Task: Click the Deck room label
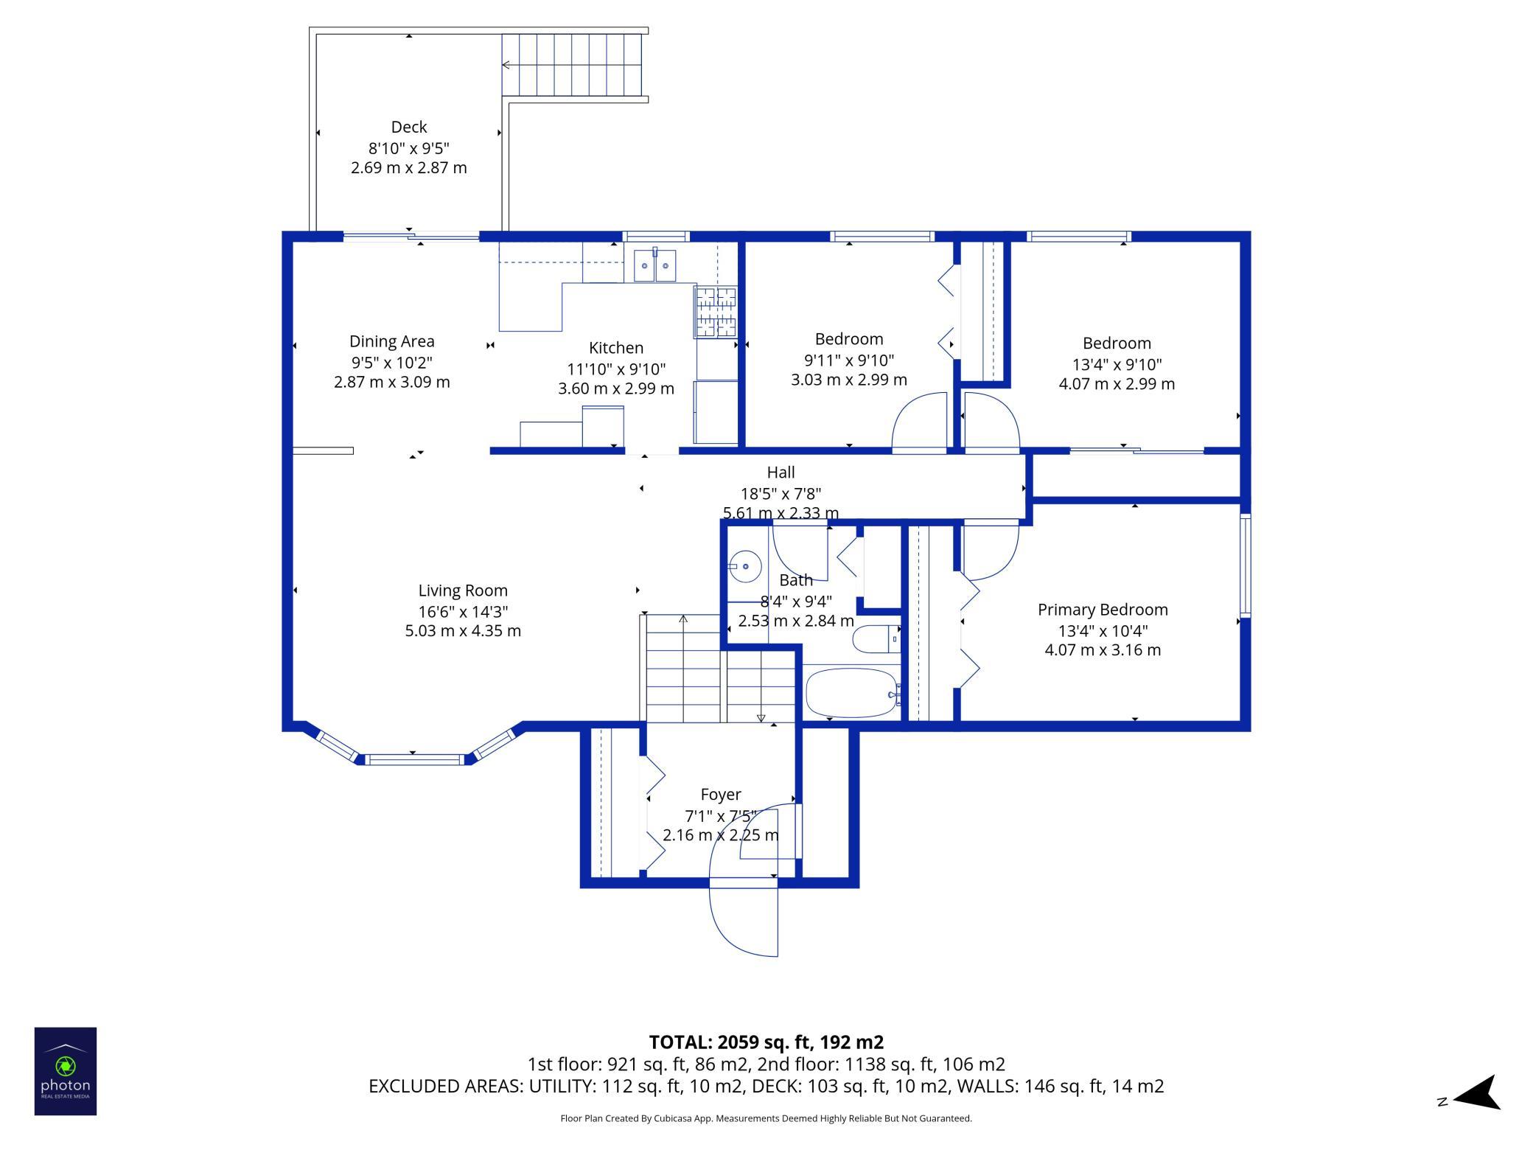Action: pyautogui.click(x=409, y=127)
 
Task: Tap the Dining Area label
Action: pyautogui.click(x=392, y=341)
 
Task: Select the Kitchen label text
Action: pyautogui.click(x=616, y=348)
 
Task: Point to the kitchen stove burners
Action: pyautogui.click(x=715, y=311)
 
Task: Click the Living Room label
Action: pyautogui.click(x=463, y=590)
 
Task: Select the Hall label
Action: pyautogui.click(x=781, y=473)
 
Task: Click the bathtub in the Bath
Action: pyautogui.click(x=852, y=693)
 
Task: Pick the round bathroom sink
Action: pyautogui.click(x=745, y=566)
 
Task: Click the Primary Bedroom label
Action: pyautogui.click(x=1103, y=610)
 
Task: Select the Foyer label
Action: pyautogui.click(x=721, y=795)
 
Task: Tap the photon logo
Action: pyautogui.click(x=66, y=1071)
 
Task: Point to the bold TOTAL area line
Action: pyautogui.click(x=766, y=1042)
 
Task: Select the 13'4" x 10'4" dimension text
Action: pyautogui.click(x=1103, y=631)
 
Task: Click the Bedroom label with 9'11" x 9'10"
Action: pyautogui.click(x=849, y=339)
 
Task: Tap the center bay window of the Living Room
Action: pyautogui.click(x=415, y=759)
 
